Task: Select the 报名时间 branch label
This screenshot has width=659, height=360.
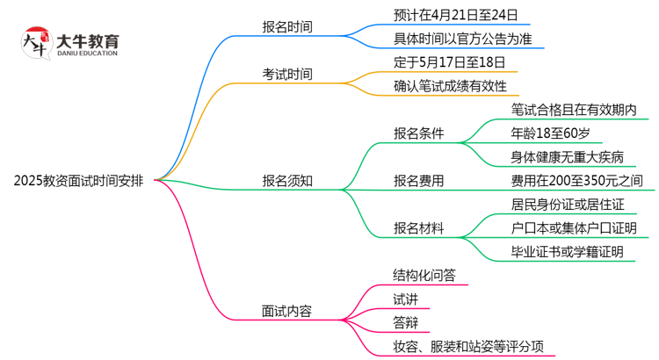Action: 287,26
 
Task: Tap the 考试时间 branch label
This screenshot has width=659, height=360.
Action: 287,74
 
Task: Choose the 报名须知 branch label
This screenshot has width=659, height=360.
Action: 287,182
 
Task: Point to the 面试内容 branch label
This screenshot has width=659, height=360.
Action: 287,310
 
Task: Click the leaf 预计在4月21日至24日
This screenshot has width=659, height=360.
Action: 456,15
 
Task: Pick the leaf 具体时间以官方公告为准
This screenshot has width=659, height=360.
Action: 463,39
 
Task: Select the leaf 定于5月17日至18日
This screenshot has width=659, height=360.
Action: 450,62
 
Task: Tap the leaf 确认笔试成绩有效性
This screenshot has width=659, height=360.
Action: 450,86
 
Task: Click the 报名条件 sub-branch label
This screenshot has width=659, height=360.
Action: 418,133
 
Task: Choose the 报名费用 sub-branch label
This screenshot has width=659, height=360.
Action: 418,182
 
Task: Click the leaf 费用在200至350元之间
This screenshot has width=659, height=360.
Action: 576,182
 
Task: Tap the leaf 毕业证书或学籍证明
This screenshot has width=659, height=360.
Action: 567,253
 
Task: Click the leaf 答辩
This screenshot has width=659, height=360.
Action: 405,322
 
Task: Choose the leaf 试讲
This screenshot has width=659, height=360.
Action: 405,299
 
